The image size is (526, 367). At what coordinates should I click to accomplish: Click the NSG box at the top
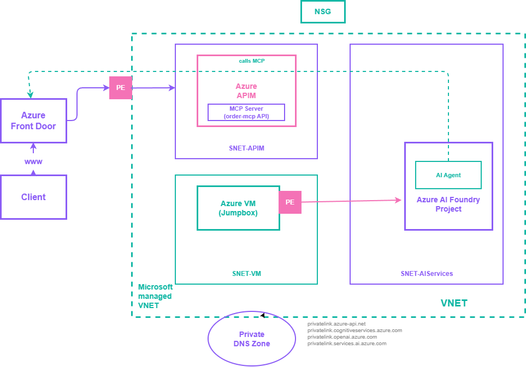point(323,11)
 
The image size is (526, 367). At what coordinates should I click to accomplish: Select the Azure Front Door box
point(33,121)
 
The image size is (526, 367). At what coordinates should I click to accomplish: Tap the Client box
point(33,197)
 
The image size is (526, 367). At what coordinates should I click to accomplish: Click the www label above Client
point(33,162)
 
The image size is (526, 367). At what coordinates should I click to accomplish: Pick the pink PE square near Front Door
point(121,88)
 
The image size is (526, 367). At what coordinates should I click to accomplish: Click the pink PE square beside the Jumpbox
point(290,202)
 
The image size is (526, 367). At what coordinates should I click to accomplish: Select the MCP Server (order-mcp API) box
point(246,112)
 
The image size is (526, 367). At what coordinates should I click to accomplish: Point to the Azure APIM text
point(246,91)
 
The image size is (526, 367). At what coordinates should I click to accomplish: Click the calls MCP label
point(251,61)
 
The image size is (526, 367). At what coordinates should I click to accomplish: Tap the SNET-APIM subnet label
point(246,148)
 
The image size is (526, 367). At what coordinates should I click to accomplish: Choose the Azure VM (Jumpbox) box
point(238,208)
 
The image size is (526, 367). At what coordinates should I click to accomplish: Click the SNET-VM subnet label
point(246,273)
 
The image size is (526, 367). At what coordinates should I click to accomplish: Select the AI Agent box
point(448,175)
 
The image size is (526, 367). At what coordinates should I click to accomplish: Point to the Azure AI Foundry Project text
point(448,204)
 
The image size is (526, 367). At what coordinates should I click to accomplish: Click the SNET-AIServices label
point(427,273)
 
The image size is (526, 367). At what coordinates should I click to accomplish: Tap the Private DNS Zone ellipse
point(252,339)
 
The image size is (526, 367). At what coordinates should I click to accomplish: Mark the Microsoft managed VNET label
point(155,296)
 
